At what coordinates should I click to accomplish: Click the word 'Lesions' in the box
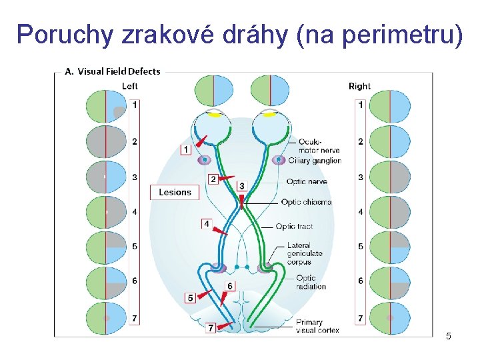click(x=175, y=192)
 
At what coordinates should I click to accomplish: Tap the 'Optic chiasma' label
click(x=306, y=202)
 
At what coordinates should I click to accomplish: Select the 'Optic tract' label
click(x=294, y=227)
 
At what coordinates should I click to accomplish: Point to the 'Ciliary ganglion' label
click(x=314, y=161)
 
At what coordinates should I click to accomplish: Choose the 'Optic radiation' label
click(x=311, y=282)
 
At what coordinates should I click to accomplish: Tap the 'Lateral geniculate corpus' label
click(x=305, y=253)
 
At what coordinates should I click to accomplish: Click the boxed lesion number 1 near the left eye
click(x=186, y=149)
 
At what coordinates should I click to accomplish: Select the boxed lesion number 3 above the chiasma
click(x=241, y=186)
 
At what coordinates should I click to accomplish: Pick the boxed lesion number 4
click(x=207, y=223)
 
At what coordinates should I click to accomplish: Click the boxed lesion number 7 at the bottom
click(x=211, y=328)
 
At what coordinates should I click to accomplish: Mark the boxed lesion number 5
click(x=191, y=297)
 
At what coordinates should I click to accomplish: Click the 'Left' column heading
click(x=130, y=86)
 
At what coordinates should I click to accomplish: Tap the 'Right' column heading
click(x=359, y=86)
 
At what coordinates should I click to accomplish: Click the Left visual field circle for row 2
click(x=106, y=141)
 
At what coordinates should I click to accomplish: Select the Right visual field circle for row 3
click(x=390, y=177)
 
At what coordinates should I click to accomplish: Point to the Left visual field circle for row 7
click(x=106, y=319)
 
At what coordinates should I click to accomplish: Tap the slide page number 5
click(x=449, y=336)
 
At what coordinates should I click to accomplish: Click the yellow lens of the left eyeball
click(x=215, y=115)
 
